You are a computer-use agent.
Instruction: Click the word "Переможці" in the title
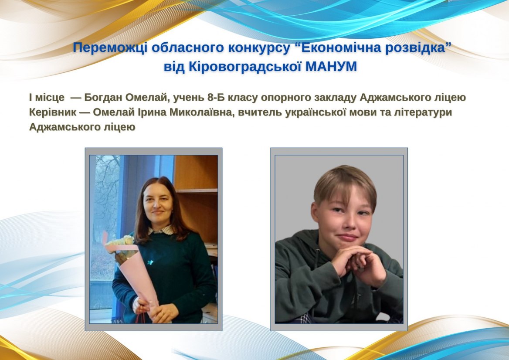tap(110, 48)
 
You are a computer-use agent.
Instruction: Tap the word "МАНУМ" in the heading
tap(332, 67)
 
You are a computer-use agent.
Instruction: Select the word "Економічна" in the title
tap(338, 48)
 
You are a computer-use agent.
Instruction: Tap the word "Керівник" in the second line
tap(53, 112)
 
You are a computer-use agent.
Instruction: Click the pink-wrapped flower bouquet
tap(130, 269)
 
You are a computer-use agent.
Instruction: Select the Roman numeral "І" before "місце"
tap(31, 97)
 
